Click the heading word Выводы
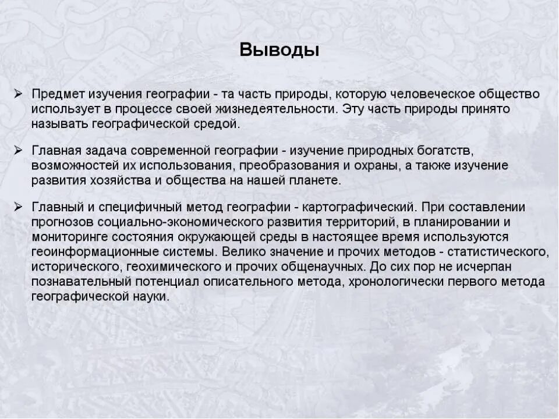(279, 49)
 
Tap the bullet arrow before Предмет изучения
(19, 94)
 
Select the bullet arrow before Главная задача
(19, 151)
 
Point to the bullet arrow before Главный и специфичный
(19, 207)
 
